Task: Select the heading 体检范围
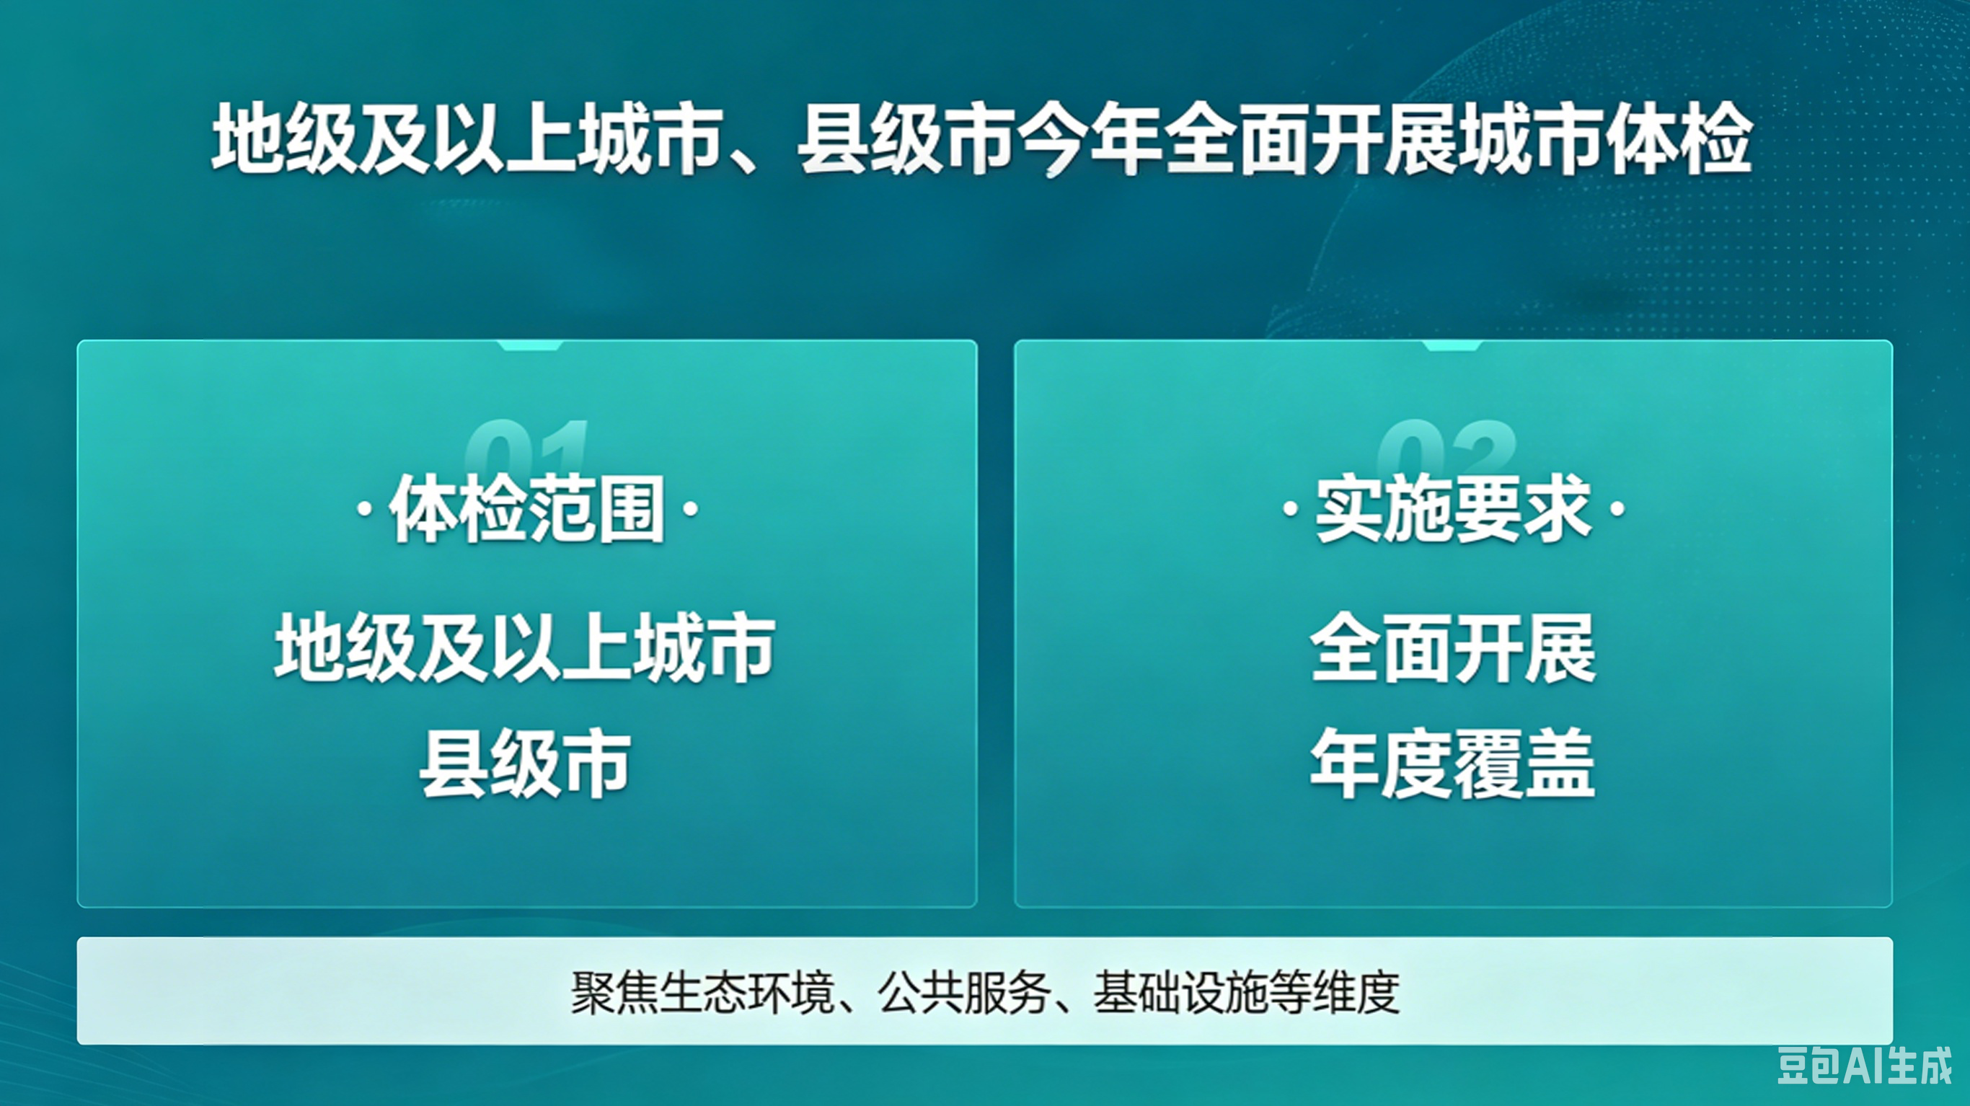click(x=527, y=508)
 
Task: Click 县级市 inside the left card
click(x=526, y=764)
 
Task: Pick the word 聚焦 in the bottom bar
click(x=614, y=993)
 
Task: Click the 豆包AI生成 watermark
click(x=1865, y=1066)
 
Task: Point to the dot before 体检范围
click(x=366, y=508)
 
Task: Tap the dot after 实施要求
click(x=1617, y=508)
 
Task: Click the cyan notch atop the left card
click(x=529, y=346)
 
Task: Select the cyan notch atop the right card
click(x=1452, y=346)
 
